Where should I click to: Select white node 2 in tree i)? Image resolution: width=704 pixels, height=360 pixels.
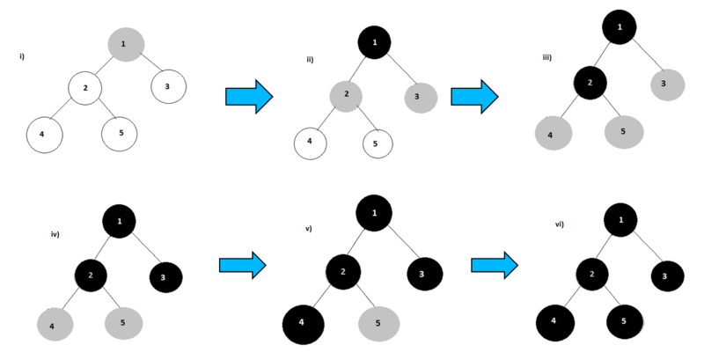(x=86, y=88)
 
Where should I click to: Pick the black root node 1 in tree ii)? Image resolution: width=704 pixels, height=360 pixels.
(x=376, y=41)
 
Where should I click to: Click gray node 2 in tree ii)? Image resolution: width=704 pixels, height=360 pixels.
(x=348, y=94)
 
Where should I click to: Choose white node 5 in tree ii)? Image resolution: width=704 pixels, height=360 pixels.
(x=376, y=143)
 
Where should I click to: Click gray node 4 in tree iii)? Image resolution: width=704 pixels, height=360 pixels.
(x=554, y=133)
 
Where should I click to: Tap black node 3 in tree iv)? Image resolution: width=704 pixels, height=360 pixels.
(x=164, y=277)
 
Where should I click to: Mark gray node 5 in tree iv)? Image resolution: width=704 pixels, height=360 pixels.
(x=123, y=323)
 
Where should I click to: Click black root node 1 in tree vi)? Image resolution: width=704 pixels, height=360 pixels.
(x=621, y=219)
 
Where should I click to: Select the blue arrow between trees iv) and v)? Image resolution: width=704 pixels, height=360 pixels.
(x=241, y=263)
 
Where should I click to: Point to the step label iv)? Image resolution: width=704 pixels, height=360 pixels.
(x=55, y=235)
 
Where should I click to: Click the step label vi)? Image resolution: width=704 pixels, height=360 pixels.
(x=559, y=224)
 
